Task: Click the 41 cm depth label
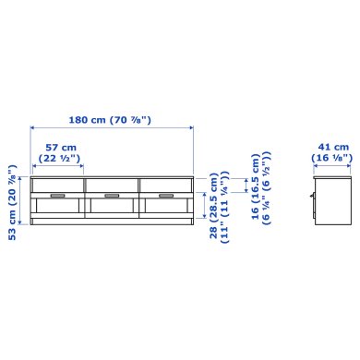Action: [332, 147]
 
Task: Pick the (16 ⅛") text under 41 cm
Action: [332, 158]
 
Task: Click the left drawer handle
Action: [57, 196]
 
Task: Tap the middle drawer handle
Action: [112, 196]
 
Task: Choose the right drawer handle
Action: [166, 196]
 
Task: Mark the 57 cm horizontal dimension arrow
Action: [57, 167]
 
